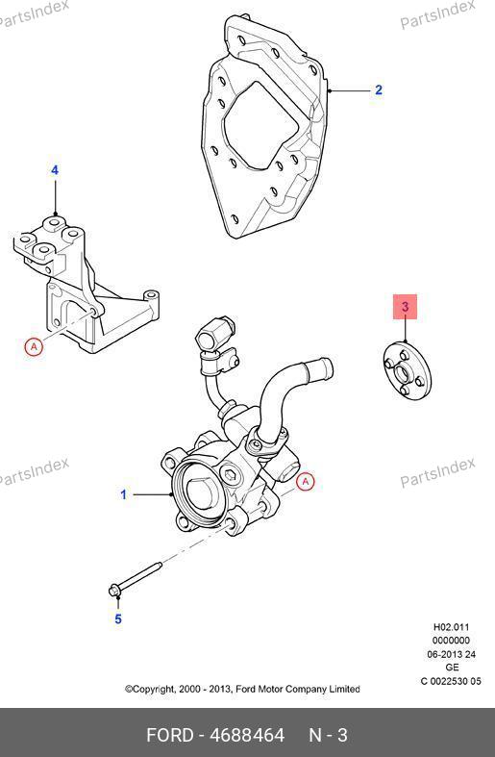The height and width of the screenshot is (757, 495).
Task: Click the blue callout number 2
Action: [379, 89]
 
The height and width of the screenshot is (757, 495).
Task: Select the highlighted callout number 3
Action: [405, 307]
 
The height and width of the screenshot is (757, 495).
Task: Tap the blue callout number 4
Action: [55, 170]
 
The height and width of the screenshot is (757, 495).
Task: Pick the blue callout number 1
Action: [123, 494]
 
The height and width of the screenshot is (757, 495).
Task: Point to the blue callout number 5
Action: [118, 618]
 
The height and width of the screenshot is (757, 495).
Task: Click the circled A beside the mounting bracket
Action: [34, 346]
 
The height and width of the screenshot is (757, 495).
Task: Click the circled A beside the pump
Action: [306, 481]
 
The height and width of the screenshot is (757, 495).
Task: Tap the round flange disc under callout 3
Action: [407, 371]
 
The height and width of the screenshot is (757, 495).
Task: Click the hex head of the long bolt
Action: [114, 590]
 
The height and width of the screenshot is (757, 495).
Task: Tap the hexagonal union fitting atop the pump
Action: [214, 332]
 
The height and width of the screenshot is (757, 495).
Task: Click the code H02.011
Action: [451, 627]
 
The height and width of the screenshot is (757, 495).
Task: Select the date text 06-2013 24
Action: [451, 654]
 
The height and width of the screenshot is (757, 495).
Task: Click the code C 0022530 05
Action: [451, 681]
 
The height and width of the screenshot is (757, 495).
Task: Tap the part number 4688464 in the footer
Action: [247, 735]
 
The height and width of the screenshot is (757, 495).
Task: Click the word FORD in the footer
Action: [169, 735]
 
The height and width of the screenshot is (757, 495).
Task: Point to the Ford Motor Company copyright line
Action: [242, 689]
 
